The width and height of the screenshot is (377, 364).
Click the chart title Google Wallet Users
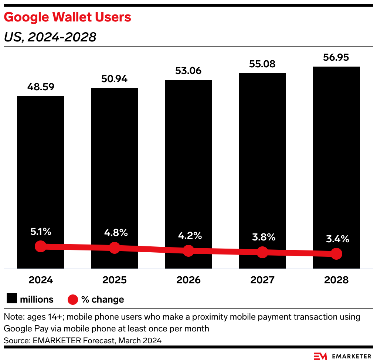coord(68,17)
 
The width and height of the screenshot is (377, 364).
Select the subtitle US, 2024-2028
coord(50,37)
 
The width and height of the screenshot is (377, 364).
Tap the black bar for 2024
coord(41,166)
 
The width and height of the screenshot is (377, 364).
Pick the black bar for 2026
coord(188,159)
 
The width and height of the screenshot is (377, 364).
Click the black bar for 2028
coord(336,155)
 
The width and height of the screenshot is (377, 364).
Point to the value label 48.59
coord(41,87)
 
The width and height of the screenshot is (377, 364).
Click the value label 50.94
coord(115,79)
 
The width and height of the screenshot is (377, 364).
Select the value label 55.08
coord(262,64)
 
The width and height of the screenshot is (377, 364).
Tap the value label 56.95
coord(336,58)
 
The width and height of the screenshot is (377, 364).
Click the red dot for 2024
coord(41,246)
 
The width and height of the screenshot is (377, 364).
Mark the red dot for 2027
coord(262,252)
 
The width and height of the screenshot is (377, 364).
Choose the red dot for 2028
coord(336,253)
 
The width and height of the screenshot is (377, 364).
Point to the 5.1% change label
coord(41,232)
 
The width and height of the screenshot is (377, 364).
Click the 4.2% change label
coord(188,236)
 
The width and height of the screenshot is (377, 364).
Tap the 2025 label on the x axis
coord(115,280)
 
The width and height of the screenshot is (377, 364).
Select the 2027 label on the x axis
coord(262,280)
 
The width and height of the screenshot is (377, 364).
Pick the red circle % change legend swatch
coord(73,299)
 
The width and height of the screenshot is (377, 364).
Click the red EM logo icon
coord(320,356)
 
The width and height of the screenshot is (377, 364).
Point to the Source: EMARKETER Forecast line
coord(83,340)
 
